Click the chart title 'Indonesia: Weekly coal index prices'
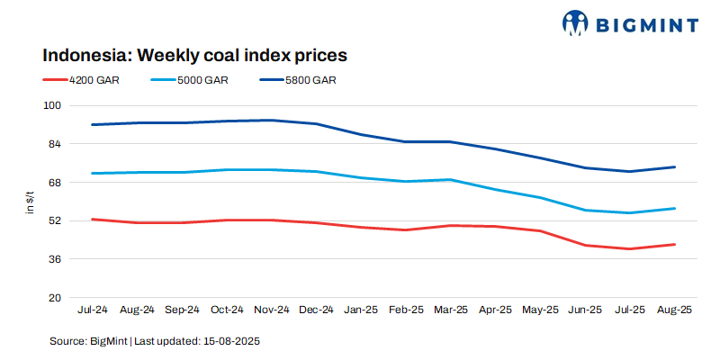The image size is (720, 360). pyautogui.click(x=195, y=56)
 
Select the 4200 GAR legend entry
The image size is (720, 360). pyautogui.click(x=94, y=80)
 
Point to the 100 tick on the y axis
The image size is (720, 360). pyautogui.click(x=51, y=105)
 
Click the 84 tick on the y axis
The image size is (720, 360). pyautogui.click(x=54, y=144)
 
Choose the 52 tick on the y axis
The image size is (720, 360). pyautogui.click(x=54, y=220)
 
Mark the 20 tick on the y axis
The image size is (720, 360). pyautogui.click(x=54, y=298)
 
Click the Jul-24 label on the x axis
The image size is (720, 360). pyautogui.click(x=93, y=310)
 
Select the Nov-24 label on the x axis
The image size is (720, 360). pyautogui.click(x=272, y=310)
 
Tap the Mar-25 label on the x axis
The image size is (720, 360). pyautogui.click(x=451, y=310)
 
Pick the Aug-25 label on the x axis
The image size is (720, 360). pyautogui.click(x=675, y=310)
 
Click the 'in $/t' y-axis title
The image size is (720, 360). pyautogui.click(x=31, y=202)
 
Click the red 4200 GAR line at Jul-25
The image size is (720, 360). pyautogui.click(x=630, y=248)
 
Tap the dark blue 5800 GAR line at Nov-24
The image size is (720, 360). pyautogui.click(x=272, y=120)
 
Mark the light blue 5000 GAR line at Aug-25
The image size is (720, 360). pyautogui.click(x=675, y=208)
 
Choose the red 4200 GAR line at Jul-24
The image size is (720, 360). pyautogui.click(x=93, y=219)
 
